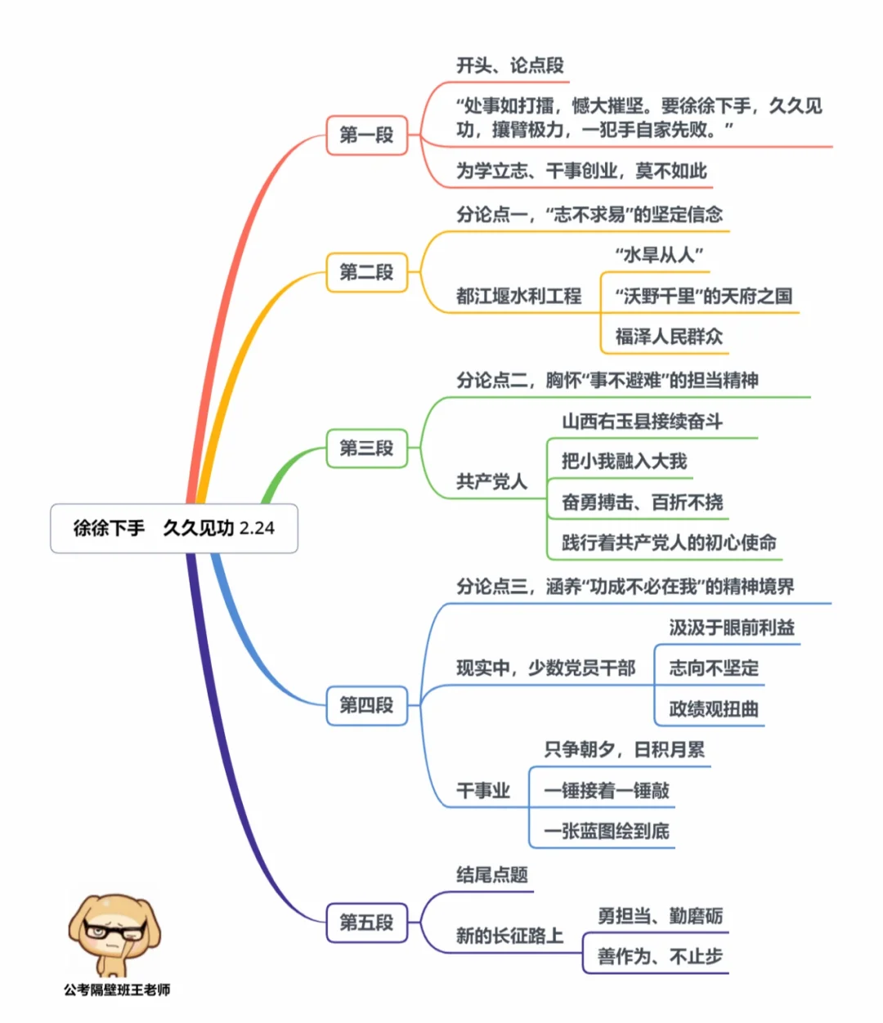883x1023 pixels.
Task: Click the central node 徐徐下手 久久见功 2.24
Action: pyautogui.click(x=173, y=529)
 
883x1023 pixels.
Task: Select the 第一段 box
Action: pyautogui.click(x=366, y=135)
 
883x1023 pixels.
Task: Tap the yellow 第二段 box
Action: pyautogui.click(x=366, y=272)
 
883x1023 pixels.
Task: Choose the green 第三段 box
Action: pyautogui.click(x=366, y=448)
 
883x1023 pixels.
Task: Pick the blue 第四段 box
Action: pyautogui.click(x=366, y=704)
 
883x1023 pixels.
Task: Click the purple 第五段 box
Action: pyautogui.click(x=366, y=922)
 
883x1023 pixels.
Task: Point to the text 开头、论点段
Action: pyautogui.click(x=509, y=66)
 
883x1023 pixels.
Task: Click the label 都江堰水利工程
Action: pyautogui.click(x=518, y=296)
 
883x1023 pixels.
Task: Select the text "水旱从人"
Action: pyautogui.click(x=658, y=255)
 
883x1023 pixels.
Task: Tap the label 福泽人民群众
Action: pyautogui.click(x=669, y=336)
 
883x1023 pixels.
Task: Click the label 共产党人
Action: pyautogui.click(x=491, y=482)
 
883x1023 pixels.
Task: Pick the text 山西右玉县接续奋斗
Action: pyautogui.click(x=642, y=422)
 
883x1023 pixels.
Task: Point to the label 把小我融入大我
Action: pyautogui.click(x=624, y=462)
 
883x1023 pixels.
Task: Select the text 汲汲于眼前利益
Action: pyautogui.click(x=732, y=628)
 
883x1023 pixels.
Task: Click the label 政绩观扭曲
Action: pyautogui.click(x=714, y=708)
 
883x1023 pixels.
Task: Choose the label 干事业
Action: pyautogui.click(x=483, y=790)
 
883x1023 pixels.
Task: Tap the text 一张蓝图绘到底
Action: pyautogui.click(x=606, y=831)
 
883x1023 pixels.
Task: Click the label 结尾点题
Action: pyautogui.click(x=491, y=875)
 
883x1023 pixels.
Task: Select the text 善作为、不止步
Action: pyautogui.click(x=660, y=956)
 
